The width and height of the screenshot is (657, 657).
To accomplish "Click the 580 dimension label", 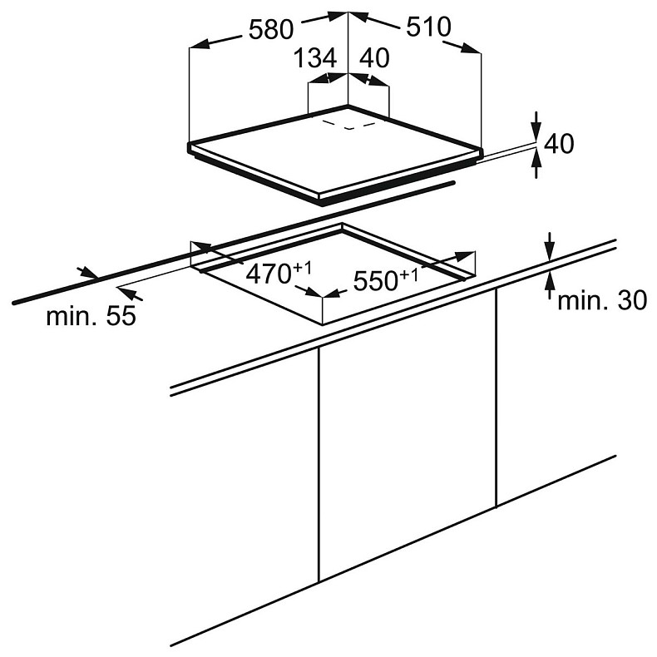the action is pyautogui.click(x=271, y=30).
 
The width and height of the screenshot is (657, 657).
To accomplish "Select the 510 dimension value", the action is pyautogui.click(x=428, y=27).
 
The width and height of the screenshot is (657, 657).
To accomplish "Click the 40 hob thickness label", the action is pyautogui.click(x=559, y=143).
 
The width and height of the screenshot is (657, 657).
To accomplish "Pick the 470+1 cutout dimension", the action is pyautogui.click(x=279, y=273).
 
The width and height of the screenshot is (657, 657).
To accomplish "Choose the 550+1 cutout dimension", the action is pyautogui.click(x=386, y=279).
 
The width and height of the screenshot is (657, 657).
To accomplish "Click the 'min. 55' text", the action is pyautogui.click(x=91, y=315).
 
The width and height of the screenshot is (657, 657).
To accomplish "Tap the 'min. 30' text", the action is pyautogui.click(x=602, y=300).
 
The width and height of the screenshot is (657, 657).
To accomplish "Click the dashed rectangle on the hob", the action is pyautogui.click(x=348, y=126).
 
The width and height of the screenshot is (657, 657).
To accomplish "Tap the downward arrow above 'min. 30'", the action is pyautogui.click(x=551, y=247).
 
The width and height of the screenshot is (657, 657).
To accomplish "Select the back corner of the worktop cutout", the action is pyautogui.click(x=342, y=225).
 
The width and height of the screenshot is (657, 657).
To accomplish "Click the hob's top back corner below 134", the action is pyautogui.click(x=348, y=106).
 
